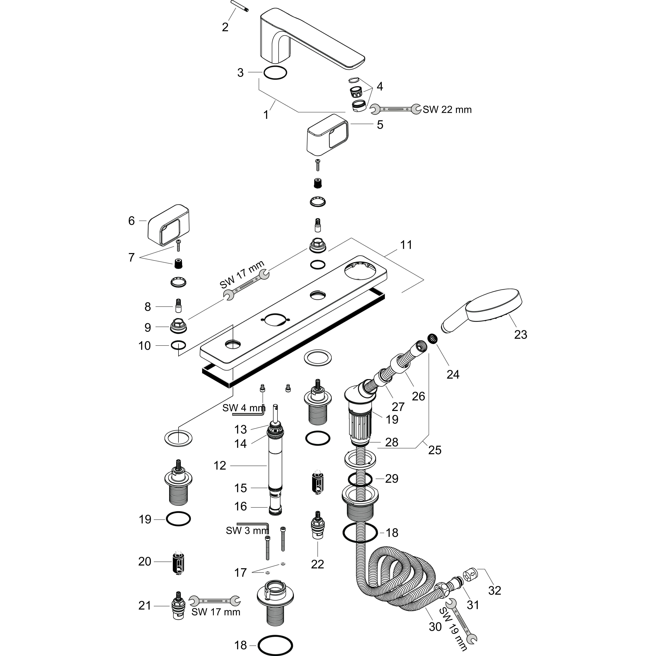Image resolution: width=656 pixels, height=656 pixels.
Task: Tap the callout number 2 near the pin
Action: click(x=225, y=27)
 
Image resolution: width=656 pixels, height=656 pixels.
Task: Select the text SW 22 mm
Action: click(x=447, y=110)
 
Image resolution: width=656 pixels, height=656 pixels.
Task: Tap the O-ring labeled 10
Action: click(x=178, y=345)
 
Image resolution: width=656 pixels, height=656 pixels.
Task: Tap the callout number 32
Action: click(x=494, y=590)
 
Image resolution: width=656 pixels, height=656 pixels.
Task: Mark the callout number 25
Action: click(x=435, y=450)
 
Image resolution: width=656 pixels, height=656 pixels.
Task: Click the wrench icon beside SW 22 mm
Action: click(x=396, y=109)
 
